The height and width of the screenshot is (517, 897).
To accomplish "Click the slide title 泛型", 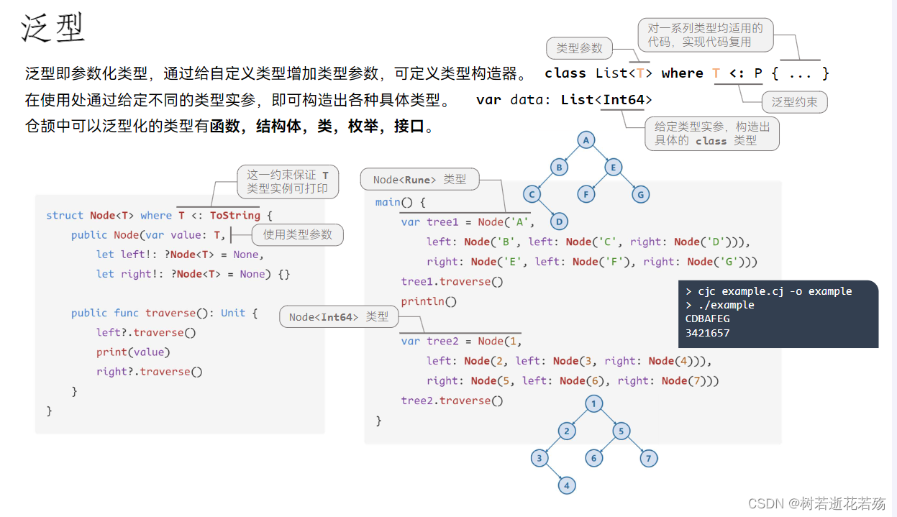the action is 53,27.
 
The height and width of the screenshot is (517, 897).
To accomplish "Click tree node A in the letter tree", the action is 586,140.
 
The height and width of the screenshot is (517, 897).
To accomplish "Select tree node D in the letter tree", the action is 559,221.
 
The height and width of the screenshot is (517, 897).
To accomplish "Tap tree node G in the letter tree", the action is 640,194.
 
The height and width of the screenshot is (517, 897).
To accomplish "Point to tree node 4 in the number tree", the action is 567,485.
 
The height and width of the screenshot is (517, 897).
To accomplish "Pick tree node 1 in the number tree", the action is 594,404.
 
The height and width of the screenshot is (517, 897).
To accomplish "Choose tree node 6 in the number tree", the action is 594,458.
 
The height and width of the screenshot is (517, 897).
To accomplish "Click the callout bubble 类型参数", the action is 580,48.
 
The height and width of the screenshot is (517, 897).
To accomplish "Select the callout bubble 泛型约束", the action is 794,102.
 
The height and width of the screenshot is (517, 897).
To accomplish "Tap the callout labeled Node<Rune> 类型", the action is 419,179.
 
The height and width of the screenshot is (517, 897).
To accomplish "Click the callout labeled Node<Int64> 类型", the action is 339,317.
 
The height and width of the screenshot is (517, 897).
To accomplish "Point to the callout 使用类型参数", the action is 298,234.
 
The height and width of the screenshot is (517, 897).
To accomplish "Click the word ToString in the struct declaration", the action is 235,215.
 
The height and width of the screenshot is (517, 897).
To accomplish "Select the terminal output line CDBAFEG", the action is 708,319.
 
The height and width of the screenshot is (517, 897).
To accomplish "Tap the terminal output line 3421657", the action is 708,333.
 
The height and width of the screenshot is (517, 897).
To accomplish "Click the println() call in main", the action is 429,301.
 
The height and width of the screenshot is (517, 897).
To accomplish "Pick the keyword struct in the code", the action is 65,215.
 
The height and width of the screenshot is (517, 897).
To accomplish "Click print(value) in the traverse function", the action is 133,352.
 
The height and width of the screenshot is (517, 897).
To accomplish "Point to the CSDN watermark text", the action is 817,503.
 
